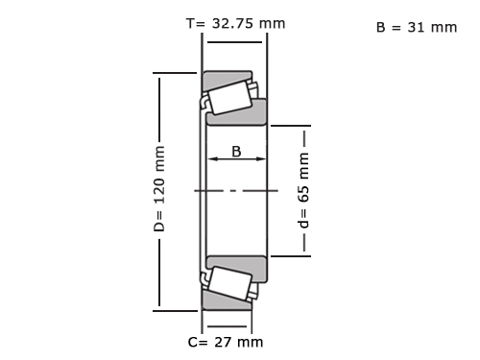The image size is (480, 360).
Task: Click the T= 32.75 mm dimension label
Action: pyautogui.click(x=235, y=23)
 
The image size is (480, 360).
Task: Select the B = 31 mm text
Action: pyautogui.click(x=417, y=27)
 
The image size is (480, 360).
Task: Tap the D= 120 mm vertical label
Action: pyautogui.click(x=159, y=189)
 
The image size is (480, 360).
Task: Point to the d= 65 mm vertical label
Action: pyautogui.click(x=303, y=190)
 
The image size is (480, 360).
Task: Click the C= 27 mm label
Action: pyautogui.click(x=226, y=342)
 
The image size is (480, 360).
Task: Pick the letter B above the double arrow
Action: pyautogui.click(x=236, y=152)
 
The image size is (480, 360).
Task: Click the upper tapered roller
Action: pyautogui.click(x=229, y=97)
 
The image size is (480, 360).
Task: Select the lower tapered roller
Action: pyautogui.click(x=229, y=283)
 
